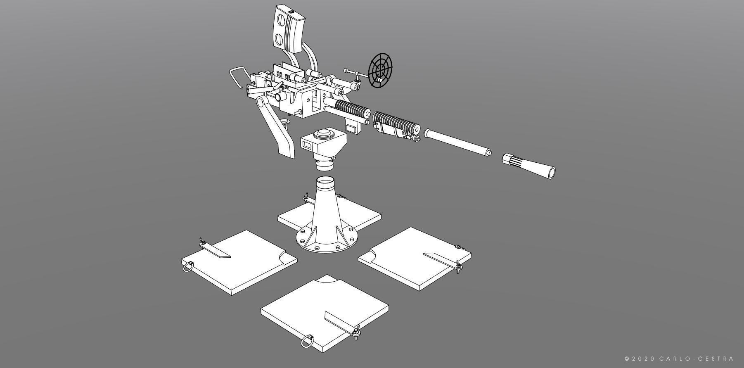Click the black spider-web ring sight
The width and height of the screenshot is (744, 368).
380,70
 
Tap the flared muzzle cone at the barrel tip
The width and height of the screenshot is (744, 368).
533,166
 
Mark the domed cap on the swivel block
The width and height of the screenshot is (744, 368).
323,134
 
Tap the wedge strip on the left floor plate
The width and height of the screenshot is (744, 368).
216,250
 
